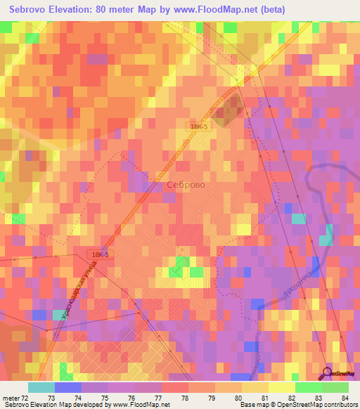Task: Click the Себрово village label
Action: [x=186, y=185]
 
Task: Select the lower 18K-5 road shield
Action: [x=99, y=255]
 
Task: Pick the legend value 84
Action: [x=344, y=398]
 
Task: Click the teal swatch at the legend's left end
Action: [x=41, y=387]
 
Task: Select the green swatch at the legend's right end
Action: [x=335, y=387]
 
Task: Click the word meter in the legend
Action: [x=10, y=398]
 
